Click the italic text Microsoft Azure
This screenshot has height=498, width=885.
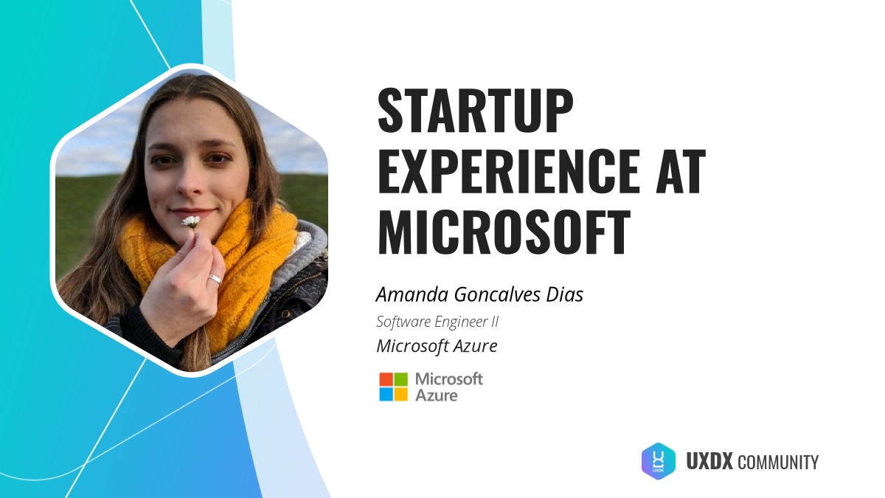pos(437,345)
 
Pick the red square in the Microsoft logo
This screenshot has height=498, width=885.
pos(386,379)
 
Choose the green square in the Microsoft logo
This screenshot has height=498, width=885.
pos(400,379)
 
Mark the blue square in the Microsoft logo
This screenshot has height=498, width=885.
pos(386,394)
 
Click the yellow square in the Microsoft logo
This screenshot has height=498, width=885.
pos(400,394)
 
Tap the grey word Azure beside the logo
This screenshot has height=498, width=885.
pos(436,395)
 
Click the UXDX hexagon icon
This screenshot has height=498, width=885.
pos(659,461)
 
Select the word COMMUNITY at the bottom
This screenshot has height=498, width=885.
pos(777,463)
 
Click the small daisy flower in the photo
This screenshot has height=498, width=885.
pos(190,221)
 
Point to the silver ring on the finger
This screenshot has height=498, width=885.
pos(214,280)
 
